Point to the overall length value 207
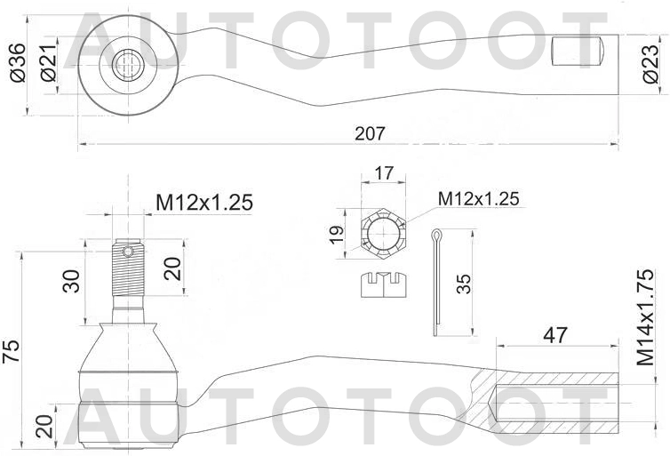click(x=370, y=132)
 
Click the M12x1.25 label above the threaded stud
click(x=204, y=203)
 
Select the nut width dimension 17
click(x=383, y=173)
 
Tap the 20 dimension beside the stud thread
click(x=175, y=268)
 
